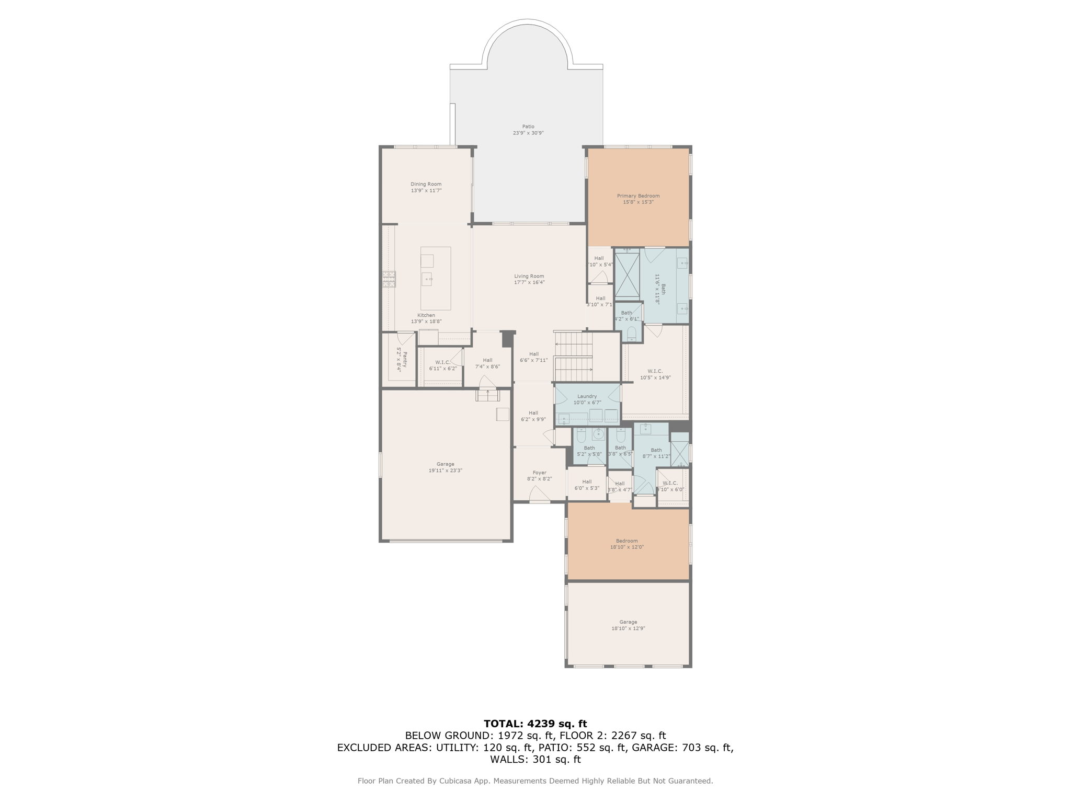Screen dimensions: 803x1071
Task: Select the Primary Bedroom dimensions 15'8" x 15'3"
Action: click(638, 202)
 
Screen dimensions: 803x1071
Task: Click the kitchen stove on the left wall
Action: click(389, 279)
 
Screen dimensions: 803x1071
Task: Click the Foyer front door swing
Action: click(539, 494)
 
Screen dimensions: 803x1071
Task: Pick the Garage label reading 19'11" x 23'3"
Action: click(445, 467)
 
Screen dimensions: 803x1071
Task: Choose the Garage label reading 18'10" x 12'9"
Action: click(628, 625)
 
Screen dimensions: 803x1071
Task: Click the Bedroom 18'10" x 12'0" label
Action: click(626, 544)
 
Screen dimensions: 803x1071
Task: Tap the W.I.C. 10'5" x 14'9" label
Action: click(655, 374)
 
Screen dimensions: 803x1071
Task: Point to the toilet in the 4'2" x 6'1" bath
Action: click(631, 333)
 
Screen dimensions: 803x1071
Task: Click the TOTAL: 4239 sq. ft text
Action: click(535, 724)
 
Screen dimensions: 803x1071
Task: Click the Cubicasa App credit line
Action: click(535, 781)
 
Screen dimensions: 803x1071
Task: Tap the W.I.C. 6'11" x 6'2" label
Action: click(442, 365)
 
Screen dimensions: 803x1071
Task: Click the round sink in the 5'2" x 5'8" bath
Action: click(598, 434)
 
